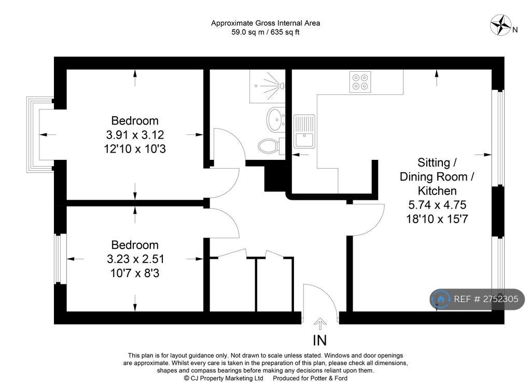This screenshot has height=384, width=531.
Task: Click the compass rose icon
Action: [500, 25]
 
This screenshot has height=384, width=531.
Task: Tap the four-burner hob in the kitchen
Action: [360, 81]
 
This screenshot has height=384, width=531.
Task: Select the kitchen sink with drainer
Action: [304, 131]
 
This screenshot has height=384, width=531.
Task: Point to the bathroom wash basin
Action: [276, 119]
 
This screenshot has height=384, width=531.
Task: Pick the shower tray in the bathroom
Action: [268, 86]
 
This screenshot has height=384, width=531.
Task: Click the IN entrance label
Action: [320, 340]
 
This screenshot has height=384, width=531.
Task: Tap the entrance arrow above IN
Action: [320, 324]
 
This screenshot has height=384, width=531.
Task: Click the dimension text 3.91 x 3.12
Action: [135, 135]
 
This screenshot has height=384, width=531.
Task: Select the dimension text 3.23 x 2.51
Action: [135, 259]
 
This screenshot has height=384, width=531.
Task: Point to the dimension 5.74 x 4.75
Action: [437, 204]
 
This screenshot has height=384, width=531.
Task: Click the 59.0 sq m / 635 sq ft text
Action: [265, 32]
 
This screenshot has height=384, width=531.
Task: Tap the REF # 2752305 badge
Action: [477, 299]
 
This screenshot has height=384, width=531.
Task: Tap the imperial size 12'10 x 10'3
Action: [135, 149]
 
